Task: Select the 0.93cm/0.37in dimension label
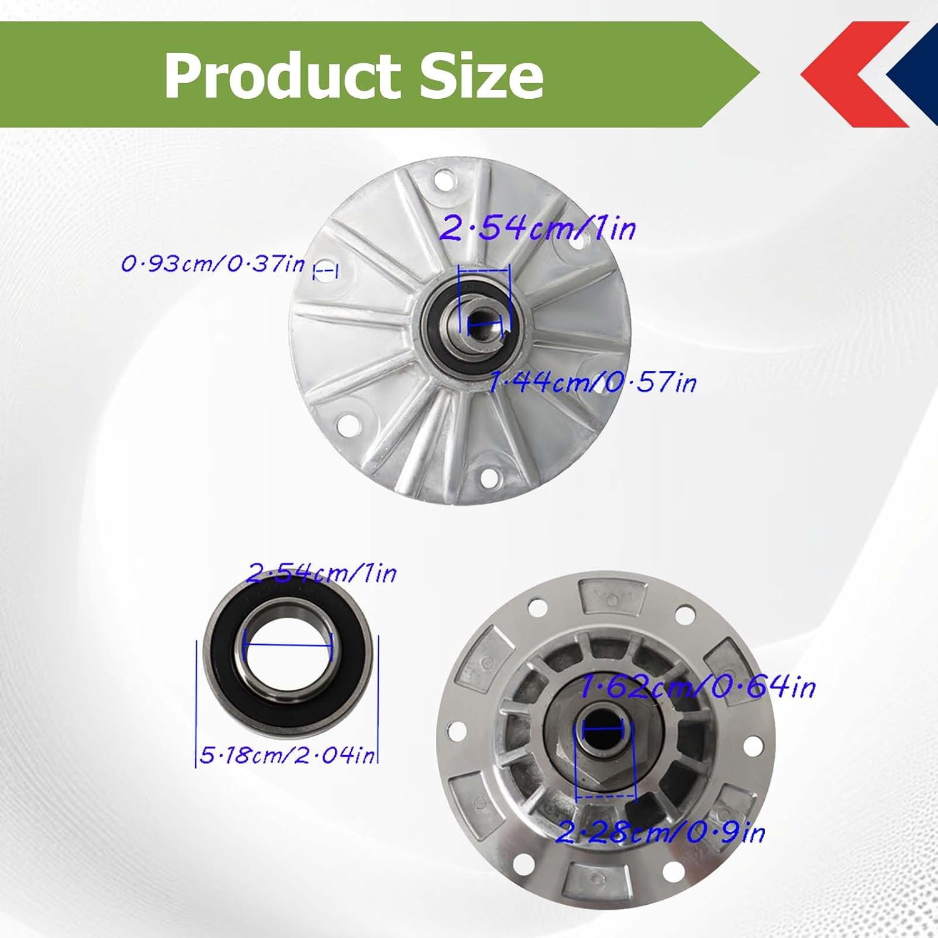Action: tap(213, 264)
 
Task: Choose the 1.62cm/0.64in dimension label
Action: tap(698, 687)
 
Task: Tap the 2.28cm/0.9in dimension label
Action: tap(660, 832)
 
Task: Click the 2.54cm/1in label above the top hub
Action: tap(537, 227)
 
